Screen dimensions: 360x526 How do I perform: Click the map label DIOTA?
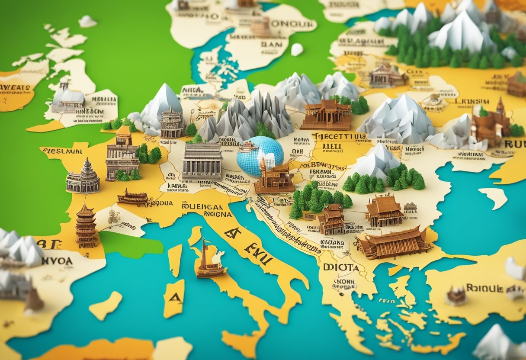(x=341, y=267)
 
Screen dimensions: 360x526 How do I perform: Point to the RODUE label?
(x=484, y=288)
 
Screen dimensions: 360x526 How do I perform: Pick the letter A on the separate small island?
(x=175, y=297)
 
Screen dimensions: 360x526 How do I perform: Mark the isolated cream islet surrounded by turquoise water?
(x=494, y=196)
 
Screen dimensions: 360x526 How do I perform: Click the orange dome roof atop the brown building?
(x=124, y=130)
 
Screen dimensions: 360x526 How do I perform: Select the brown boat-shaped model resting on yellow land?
(x=132, y=197)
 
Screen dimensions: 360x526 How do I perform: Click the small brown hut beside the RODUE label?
(x=456, y=296)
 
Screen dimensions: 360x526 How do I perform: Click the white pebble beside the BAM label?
(x=297, y=50)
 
